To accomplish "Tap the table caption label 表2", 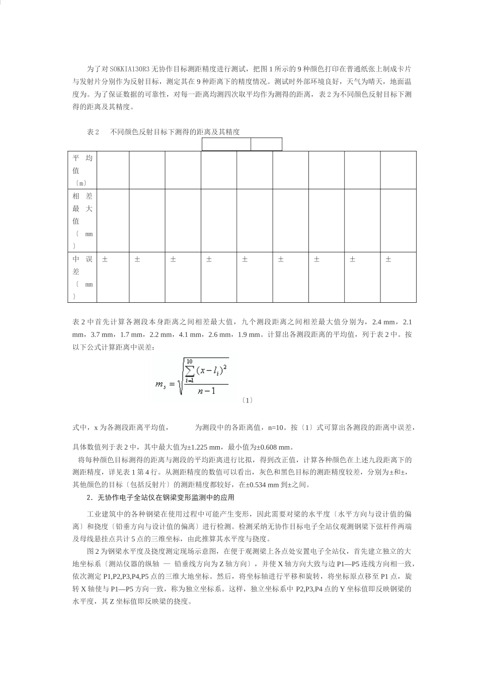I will pos(93,132).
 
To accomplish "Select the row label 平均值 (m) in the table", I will pos(82,170).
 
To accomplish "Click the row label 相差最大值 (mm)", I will pos(82,220).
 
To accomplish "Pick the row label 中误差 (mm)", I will pos(82,277).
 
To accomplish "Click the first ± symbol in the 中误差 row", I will pos(105,260).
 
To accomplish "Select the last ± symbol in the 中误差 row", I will pos(388,260).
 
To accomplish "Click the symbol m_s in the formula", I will pos(161,385).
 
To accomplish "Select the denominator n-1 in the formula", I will pos(206,390).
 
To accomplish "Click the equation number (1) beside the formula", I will pos(247,400).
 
